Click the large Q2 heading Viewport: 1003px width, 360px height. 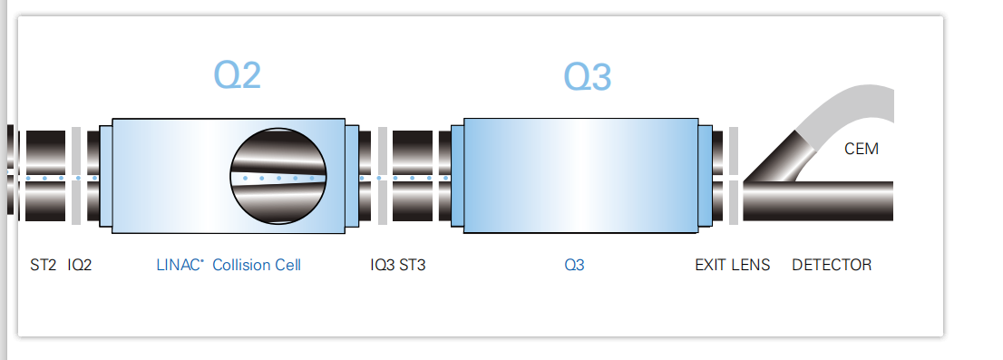[238, 75]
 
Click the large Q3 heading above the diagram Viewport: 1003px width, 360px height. [588, 77]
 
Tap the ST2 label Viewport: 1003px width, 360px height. [44, 265]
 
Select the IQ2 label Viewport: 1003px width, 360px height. [80, 265]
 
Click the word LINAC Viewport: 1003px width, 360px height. [179, 265]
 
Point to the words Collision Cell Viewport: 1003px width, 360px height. [257, 265]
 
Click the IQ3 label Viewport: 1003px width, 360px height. [383, 265]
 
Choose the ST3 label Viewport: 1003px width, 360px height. [413, 265]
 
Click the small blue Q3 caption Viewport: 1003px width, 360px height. [574, 265]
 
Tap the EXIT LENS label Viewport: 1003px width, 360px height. [733, 265]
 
